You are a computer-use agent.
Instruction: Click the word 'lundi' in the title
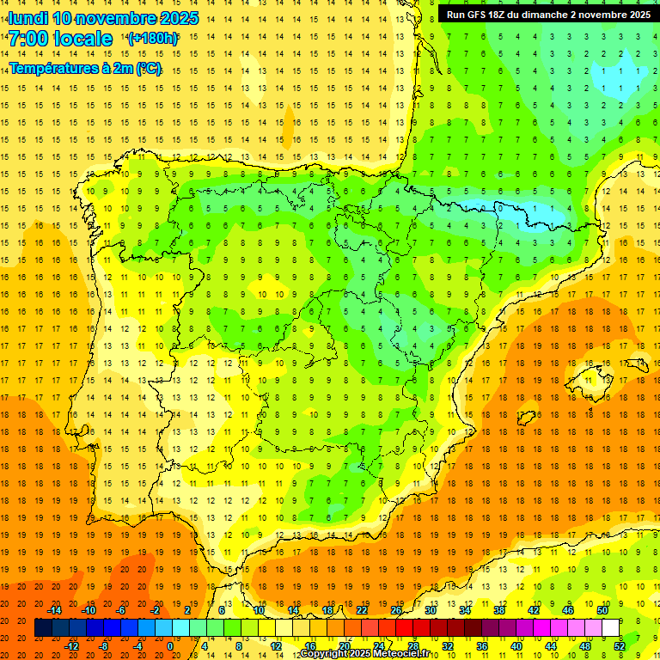click(x=27, y=18)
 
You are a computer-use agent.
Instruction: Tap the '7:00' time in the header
click(x=27, y=39)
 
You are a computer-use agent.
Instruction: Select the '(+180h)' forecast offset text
click(x=152, y=39)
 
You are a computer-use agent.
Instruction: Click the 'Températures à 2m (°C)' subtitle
click(x=84, y=68)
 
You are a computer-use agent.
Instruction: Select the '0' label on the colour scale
click(x=171, y=646)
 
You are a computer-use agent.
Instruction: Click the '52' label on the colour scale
click(x=620, y=646)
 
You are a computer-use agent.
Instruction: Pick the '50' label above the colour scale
click(x=602, y=610)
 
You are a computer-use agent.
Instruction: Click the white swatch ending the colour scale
click(x=610, y=628)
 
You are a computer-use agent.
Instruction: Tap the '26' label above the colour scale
click(x=396, y=610)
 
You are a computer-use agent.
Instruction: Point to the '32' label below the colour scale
click(x=448, y=646)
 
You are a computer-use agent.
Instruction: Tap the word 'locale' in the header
click(x=82, y=39)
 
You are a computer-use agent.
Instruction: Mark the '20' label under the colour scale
click(x=344, y=646)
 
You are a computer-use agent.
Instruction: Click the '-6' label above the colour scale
click(x=121, y=610)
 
